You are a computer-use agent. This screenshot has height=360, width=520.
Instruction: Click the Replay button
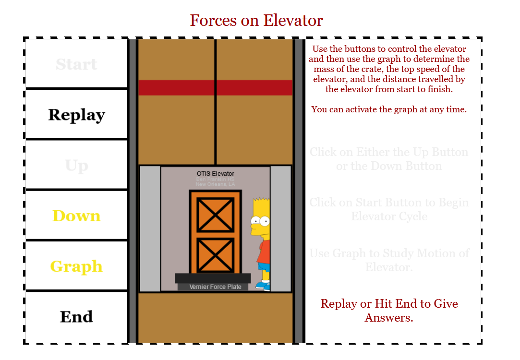pyautogui.click(x=76, y=115)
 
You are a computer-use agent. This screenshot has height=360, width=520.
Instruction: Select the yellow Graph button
pyautogui.click(x=76, y=266)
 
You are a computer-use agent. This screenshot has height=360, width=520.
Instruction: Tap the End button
pyautogui.click(x=76, y=316)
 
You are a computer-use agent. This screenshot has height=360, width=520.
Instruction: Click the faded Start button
pyautogui.click(x=76, y=64)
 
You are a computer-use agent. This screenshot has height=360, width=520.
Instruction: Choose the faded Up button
pyautogui.click(x=76, y=166)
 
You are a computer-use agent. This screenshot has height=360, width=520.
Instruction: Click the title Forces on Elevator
pyautogui.click(x=256, y=21)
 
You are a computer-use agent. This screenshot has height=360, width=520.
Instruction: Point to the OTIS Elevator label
pyautogui.click(x=215, y=173)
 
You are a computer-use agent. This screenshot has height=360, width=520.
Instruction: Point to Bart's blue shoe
pyautogui.click(x=262, y=286)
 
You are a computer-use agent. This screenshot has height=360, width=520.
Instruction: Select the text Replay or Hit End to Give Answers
pyautogui.click(x=389, y=311)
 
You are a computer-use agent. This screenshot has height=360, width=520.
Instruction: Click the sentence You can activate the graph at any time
pyautogui.click(x=389, y=109)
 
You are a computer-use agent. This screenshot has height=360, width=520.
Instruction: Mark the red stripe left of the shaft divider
pyautogui.click(x=176, y=87)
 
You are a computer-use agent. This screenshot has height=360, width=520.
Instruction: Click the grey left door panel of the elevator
pyautogui.click(x=150, y=228)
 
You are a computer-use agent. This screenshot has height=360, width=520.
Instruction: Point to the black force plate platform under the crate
pyautogui.click(x=213, y=278)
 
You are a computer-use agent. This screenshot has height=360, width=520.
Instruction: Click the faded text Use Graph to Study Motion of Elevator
pyautogui.click(x=389, y=260)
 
